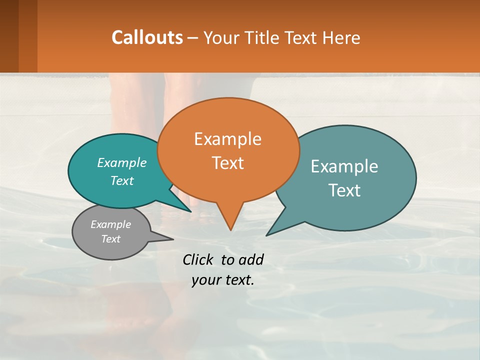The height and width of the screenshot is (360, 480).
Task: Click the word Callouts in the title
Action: (147, 38)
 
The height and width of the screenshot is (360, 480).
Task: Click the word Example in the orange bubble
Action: (227, 139)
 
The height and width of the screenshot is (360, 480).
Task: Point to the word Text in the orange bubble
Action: (227, 163)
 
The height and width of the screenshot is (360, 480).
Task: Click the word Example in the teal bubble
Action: (122, 163)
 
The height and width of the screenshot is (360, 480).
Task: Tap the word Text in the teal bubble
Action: (122, 181)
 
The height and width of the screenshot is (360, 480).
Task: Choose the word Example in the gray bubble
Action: (111, 224)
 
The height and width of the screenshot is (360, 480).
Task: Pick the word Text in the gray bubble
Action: (111, 239)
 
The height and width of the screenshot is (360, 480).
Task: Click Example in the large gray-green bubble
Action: (344, 166)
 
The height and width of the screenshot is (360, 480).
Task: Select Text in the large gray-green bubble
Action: (344, 190)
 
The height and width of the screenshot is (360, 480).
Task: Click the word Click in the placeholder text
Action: (199, 260)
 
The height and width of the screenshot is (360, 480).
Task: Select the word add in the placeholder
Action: (251, 260)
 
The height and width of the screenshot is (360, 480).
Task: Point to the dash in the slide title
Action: (193, 38)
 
